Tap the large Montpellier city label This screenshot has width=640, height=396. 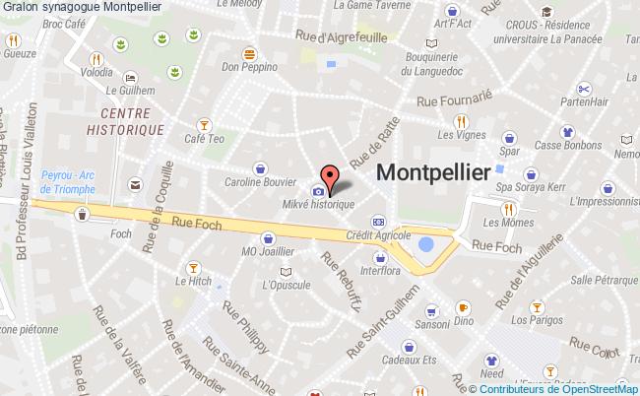point(434,171)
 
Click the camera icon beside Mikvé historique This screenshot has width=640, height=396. point(318,190)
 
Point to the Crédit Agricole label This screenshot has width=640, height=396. point(378,235)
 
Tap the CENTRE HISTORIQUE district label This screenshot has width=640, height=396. point(124,121)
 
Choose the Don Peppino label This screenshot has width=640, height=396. point(246,67)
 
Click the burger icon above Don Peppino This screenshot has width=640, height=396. point(250,52)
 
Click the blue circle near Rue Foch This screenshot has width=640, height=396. point(426,243)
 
